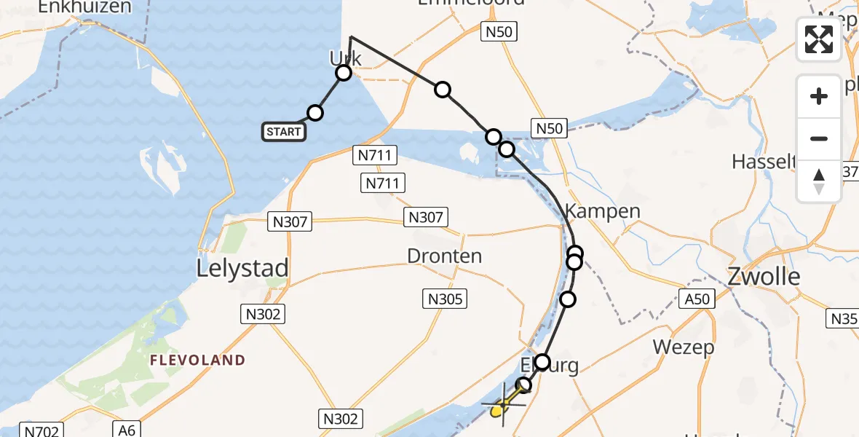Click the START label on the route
(283, 132)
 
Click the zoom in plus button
(819, 96)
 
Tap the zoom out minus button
(819, 138)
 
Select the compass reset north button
(819, 181)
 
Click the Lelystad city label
(242, 268)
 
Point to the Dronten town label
(445, 256)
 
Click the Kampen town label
(603, 212)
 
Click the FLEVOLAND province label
(198, 360)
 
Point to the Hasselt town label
(761, 161)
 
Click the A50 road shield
(697, 298)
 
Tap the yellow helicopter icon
(500, 409)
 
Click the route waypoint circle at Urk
(344, 73)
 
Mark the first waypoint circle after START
(314, 112)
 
